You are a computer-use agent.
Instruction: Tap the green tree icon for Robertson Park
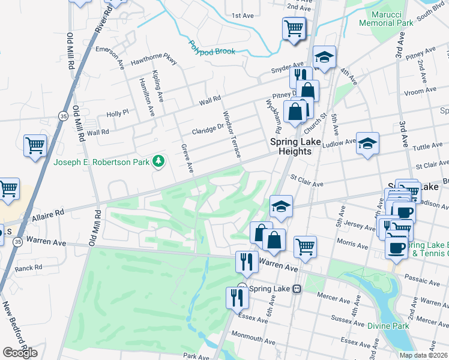[x=158, y=160]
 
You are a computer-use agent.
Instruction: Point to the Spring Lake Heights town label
[x=291, y=146]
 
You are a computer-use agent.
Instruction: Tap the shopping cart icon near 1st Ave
[x=294, y=28]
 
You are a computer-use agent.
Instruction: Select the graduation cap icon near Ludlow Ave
[x=367, y=143]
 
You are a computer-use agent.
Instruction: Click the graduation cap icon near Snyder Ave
[x=324, y=57]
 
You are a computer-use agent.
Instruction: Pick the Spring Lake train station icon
[x=297, y=289]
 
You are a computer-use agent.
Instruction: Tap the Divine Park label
[x=389, y=326]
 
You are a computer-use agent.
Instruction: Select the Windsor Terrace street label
[x=232, y=134]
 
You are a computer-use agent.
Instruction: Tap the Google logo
[x=20, y=353]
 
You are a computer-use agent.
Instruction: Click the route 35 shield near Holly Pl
[x=63, y=115]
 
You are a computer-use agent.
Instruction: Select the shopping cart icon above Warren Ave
[x=305, y=246]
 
